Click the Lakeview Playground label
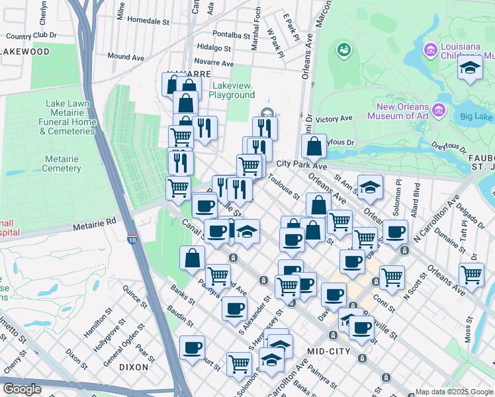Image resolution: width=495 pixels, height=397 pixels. (x=232, y=90)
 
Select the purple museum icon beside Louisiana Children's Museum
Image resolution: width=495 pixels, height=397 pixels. (x=431, y=50)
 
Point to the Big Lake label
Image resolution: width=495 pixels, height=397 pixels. (x=476, y=117)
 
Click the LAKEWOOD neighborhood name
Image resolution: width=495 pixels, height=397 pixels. (x=24, y=51)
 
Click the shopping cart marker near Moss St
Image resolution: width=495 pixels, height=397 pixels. (x=471, y=273)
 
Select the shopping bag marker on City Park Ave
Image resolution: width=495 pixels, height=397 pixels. (x=315, y=146)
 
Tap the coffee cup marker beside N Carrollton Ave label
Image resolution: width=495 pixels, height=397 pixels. (x=395, y=232)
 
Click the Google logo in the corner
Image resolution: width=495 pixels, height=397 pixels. (x=22, y=388)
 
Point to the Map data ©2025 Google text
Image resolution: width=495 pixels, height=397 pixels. (x=453, y=392)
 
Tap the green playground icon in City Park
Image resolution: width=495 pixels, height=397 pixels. (x=343, y=50)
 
